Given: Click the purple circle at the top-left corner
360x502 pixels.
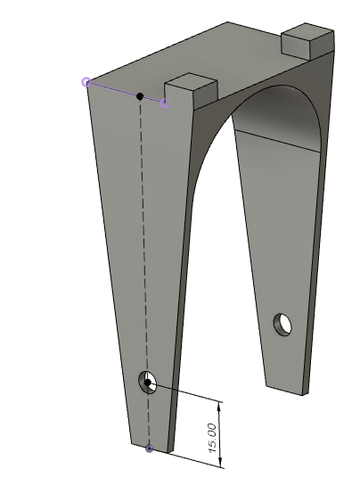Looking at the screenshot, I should tap(86, 82).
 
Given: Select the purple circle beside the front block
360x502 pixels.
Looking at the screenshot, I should tap(165, 103).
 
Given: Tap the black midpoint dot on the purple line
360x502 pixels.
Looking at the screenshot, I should tap(139, 95).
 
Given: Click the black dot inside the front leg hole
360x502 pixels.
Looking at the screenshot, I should tap(148, 383).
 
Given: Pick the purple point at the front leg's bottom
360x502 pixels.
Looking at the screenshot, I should tap(149, 449).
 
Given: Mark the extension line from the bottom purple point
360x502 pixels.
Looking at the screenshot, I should tap(187, 457).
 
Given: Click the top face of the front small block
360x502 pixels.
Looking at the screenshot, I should tap(191, 82).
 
